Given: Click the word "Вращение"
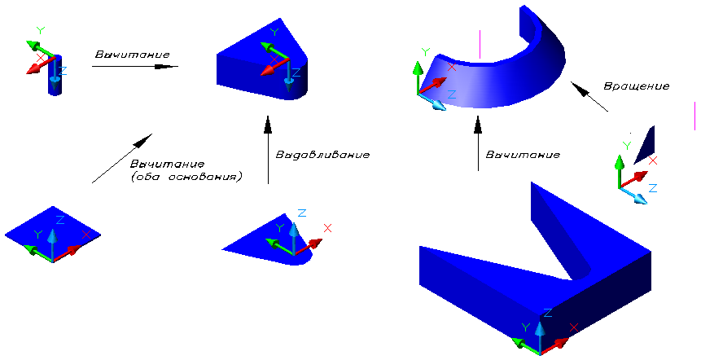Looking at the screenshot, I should [637, 86].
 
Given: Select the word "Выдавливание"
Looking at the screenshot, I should [323, 153].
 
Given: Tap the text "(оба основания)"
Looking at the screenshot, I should [186, 176].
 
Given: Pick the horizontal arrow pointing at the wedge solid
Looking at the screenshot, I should [135, 67].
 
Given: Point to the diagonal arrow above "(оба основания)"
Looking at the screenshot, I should [121, 158].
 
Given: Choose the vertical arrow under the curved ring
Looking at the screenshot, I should [479, 143].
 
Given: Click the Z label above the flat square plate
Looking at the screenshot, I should [59, 220].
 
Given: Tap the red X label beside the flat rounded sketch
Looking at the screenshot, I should [327, 229].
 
